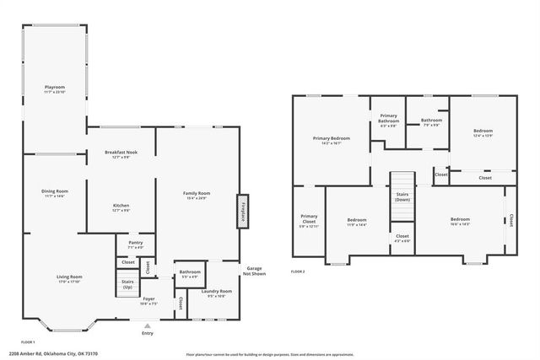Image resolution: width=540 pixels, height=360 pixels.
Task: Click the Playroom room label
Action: coord(54,89)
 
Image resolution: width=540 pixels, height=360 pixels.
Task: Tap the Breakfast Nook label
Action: coord(121,154)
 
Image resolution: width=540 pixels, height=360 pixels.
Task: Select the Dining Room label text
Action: coord(55,193)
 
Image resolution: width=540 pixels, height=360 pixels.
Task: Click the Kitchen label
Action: coord(121,208)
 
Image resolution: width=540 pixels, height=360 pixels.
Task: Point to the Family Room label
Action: coord(197,196)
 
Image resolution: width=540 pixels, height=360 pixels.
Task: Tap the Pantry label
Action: coord(135,245)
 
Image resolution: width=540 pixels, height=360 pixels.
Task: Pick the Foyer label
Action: coord(148,301)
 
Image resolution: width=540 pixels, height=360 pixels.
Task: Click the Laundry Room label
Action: coord(219,293)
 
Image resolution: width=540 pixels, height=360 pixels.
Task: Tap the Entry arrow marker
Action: coord(148,326)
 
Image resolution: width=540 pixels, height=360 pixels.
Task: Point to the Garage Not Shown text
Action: coord(254,271)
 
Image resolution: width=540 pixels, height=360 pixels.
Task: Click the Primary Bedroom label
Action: coord(331,140)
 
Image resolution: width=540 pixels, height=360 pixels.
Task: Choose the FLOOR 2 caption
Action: coord(297,271)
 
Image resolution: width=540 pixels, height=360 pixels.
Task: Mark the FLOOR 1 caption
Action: coord(27,341)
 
